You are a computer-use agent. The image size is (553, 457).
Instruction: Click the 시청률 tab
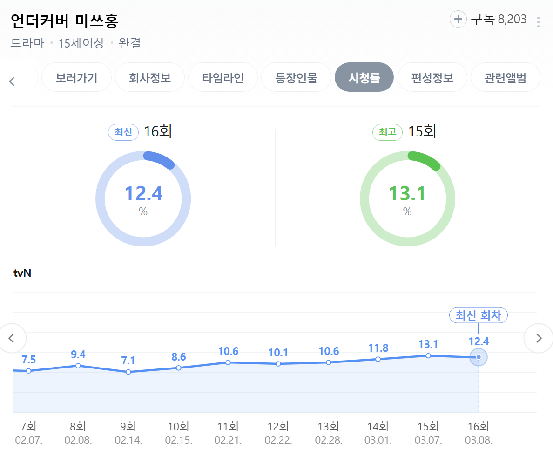[x=364, y=77]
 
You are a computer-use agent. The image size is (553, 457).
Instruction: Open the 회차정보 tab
[x=150, y=77]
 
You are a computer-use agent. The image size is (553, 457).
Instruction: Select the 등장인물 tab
[x=296, y=77]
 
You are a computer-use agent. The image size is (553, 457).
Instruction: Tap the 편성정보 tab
[x=432, y=77]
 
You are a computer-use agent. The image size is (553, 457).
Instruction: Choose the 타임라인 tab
[x=223, y=77]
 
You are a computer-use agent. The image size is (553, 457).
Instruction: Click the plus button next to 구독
[x=458, y=19]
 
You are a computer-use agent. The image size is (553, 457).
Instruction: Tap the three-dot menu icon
[x=539, y=22]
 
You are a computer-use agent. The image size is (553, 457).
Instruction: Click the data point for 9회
[x=128, y=372]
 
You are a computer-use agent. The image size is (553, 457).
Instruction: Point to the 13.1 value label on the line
[x=428, y=344]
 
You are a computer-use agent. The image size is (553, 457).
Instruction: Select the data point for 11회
[x=228, y=362]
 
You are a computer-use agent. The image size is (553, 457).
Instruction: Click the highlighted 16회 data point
[x=479, y=357]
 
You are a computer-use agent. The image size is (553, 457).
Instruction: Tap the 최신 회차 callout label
[x=478, y=315]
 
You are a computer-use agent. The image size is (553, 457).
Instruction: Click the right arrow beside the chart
[x=539, y=338]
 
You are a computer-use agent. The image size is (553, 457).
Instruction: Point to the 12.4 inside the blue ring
[x=143, y=193]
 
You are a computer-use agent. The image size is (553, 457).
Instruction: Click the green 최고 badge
[x=387, y=132]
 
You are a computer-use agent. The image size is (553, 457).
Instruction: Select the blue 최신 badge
[x=123, y=132]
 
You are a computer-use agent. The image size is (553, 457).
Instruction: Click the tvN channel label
[x=23, y=273]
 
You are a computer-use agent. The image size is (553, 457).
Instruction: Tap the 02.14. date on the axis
[x=128, y=441]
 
